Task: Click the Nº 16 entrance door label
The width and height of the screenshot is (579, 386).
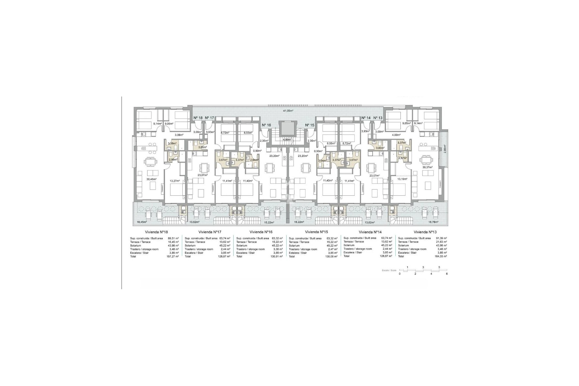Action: point(266,125)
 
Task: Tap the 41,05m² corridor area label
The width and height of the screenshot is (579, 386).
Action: point(288,111)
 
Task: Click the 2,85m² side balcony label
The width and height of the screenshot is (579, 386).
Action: point(445,149)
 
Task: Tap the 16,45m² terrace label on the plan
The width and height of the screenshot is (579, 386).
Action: point(141,222)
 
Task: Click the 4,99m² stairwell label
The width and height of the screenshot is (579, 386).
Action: point(287,139)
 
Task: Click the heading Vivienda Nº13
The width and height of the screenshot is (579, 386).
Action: point(425,232)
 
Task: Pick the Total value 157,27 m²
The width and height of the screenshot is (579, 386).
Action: point(173,256)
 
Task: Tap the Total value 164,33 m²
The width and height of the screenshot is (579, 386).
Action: point(441,256)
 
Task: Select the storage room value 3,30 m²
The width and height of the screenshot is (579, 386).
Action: point(278,249)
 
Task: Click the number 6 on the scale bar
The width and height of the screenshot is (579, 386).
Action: point(447,274)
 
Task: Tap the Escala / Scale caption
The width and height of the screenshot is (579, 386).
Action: point(389,271)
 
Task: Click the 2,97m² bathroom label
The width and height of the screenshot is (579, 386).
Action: point(402,158)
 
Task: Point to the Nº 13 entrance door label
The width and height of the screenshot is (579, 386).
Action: point(378,118)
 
